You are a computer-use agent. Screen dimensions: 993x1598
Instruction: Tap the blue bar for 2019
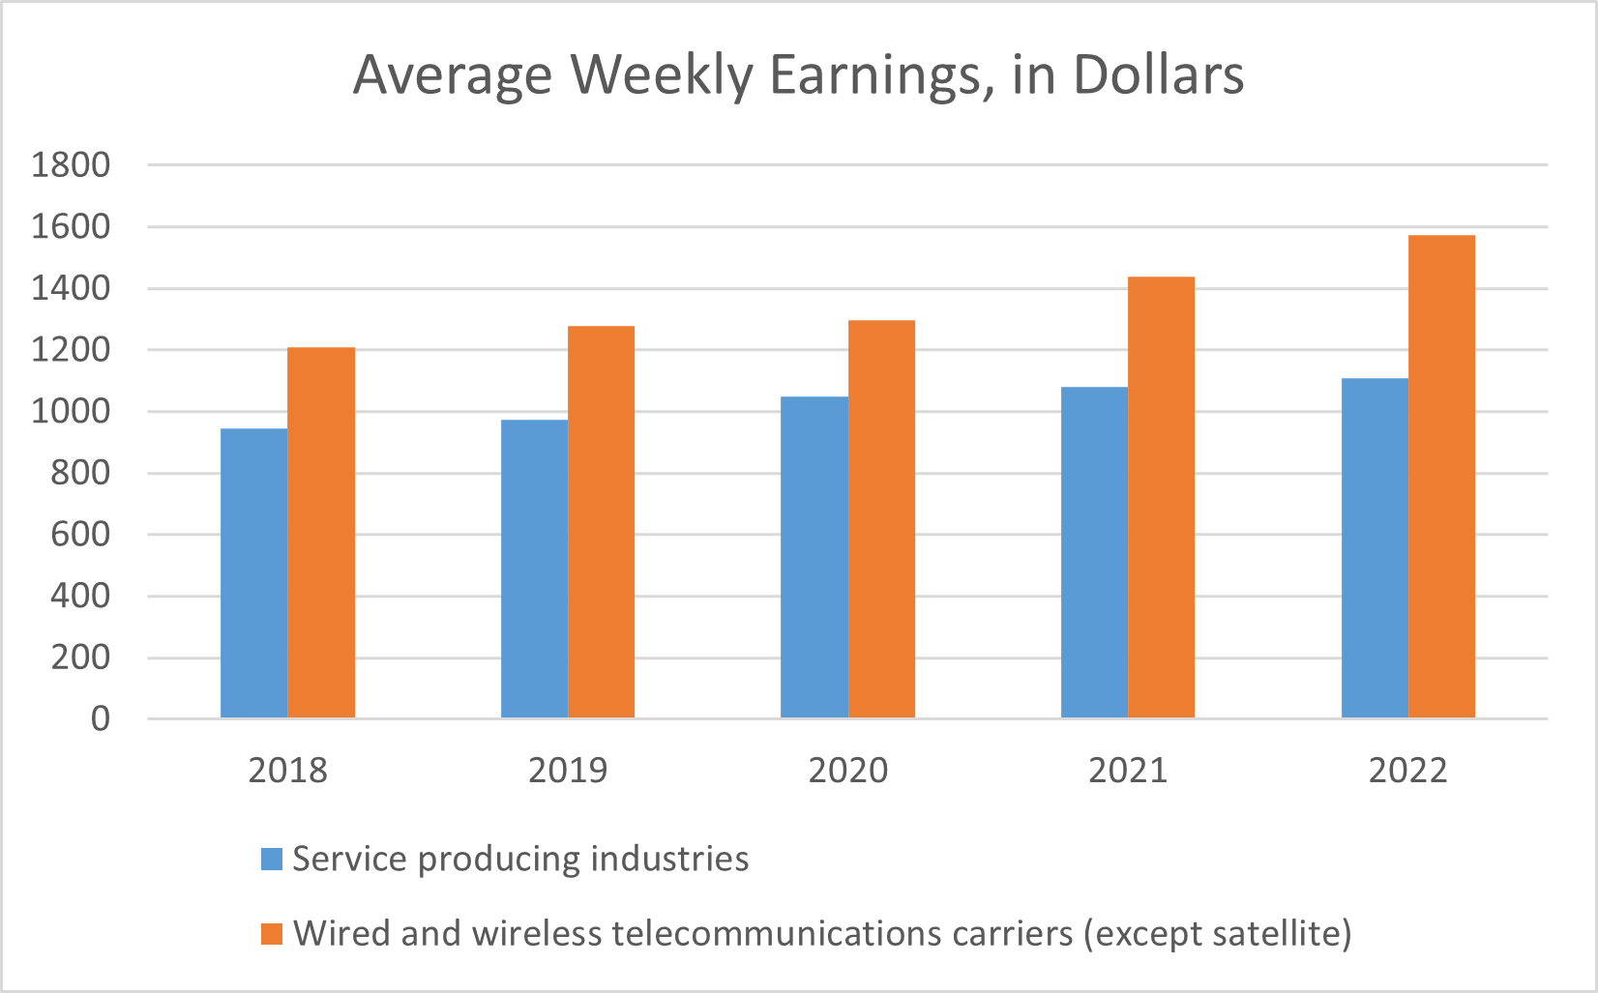[x=534, y=569]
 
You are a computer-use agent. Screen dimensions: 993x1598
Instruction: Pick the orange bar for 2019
[x=601, y=522]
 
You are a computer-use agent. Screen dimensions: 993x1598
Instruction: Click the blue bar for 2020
[x=814, y=557]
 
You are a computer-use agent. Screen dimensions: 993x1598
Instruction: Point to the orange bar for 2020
[x=881, y=518]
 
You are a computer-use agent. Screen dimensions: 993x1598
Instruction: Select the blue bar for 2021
[x=1094, y=552]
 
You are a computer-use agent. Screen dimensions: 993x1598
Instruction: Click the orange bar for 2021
[x=1161, y=497]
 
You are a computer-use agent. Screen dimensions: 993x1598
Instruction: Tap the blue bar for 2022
[x=1375, y=547]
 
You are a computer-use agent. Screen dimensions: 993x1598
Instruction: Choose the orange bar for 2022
[x=1441, y=476]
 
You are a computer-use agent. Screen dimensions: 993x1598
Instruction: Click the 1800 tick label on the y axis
[x=71, y=165]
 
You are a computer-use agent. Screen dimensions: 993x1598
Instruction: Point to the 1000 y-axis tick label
[x=71, y=412]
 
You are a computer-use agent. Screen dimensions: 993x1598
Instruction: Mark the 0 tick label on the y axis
[x=101, y=719]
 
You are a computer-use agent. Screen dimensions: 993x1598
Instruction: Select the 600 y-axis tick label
[x=80, y=535]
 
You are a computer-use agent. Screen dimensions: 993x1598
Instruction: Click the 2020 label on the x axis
[x=848, y=771]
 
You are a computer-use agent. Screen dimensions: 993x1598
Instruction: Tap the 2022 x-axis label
[x=1408, y=771]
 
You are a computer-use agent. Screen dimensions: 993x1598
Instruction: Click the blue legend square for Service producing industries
[x=272, y=859]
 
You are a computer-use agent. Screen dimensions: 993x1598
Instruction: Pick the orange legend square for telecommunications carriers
[x=272, y=934]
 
